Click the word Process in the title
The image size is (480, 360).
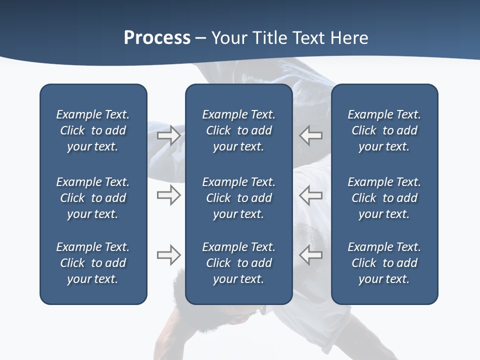(157, 38)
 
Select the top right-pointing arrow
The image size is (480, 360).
(169, 135)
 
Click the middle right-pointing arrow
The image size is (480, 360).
(169, 195)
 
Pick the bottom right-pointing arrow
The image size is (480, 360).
(169, 255)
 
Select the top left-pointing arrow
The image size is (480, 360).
(310, 135)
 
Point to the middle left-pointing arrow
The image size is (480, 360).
(310, 195)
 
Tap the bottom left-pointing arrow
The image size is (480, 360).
(310, 255)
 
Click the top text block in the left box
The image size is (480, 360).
(93, 130)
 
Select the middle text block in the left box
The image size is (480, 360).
(93, 198)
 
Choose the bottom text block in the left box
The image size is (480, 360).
(93, 263)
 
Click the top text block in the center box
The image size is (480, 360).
(238, 130)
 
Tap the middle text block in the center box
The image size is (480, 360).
(238, 198)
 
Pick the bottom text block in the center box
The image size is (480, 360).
(238, 263)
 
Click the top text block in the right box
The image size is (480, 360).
(384, 130)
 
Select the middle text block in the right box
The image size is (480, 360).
(384, 198)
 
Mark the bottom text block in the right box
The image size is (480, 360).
(384, 263)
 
